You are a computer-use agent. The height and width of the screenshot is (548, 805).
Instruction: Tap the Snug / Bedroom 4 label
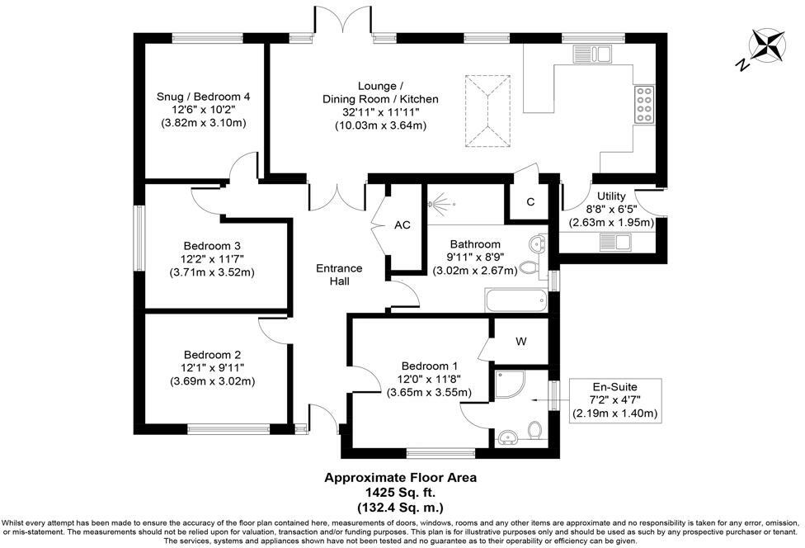203,97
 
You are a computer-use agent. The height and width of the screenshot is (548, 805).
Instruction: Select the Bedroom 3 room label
212,246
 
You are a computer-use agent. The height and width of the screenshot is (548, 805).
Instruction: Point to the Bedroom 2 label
212,355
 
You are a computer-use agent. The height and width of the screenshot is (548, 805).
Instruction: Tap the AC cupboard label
402,225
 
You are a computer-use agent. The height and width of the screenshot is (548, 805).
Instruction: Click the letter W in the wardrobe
521,342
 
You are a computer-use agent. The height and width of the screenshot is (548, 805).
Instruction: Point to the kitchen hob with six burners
643,104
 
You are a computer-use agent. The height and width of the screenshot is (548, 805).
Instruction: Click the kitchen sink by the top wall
591,54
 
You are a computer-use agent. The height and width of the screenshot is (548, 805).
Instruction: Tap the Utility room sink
614,242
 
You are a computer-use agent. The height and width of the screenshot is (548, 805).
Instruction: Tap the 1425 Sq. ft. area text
400,490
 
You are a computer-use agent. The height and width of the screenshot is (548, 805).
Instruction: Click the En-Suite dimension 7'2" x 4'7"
615,399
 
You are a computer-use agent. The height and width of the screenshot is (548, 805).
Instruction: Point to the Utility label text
612,196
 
